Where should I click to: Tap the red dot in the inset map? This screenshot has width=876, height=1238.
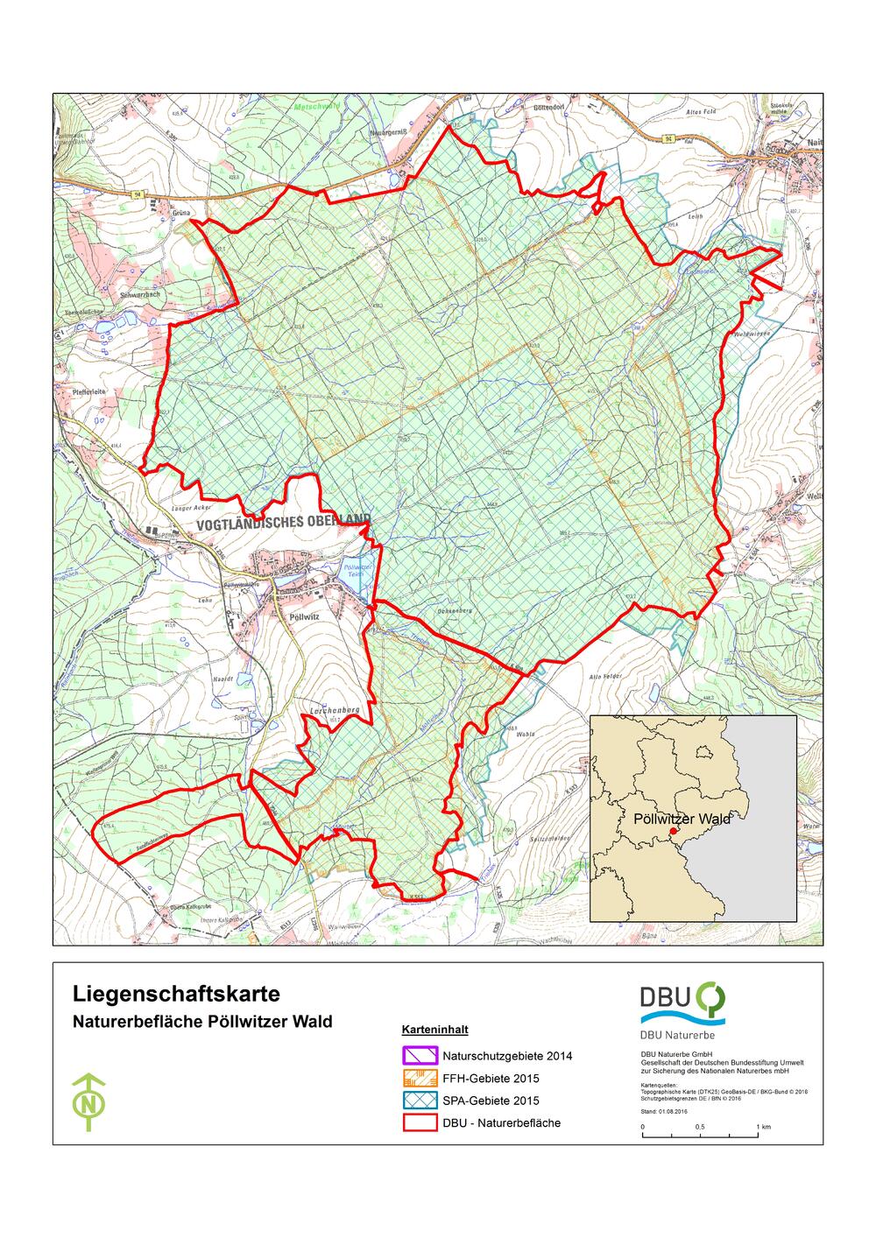(673, 831)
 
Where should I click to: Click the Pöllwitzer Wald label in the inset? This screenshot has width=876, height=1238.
(681, 819)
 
